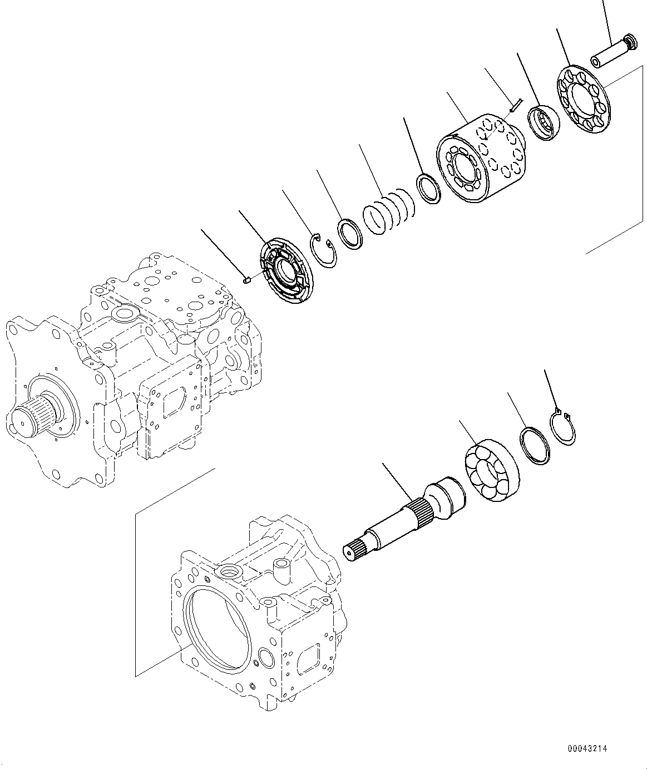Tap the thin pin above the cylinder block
click(515, 104)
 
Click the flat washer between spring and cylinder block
click(429, 189)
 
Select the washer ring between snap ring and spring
click(351, 234)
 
